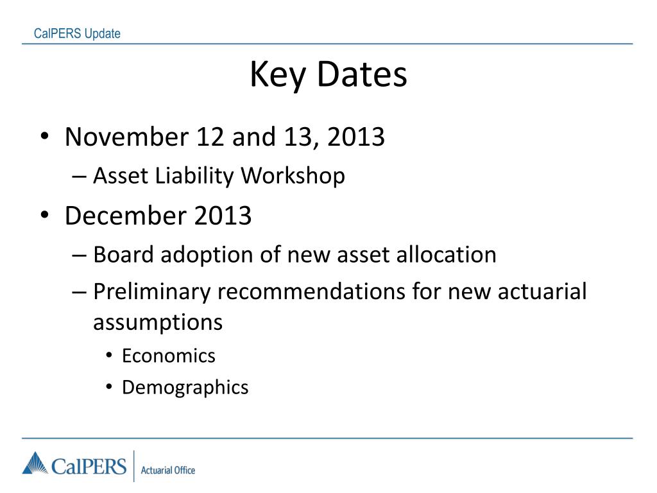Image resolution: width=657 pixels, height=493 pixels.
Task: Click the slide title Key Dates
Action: click(328, 75)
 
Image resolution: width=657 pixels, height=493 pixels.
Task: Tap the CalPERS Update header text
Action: click(77, 34)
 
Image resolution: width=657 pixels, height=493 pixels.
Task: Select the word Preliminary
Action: click(151, 292)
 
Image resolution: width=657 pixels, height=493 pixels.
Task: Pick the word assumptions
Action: click(158, 322)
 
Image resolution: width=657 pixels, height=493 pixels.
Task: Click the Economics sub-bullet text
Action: click(169, 356)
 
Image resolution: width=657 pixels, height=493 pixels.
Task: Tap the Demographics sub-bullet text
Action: click(185, 388)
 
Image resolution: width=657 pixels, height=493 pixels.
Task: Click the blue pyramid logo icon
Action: click(35, 463)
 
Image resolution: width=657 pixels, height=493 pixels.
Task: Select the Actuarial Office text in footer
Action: click(167, 471)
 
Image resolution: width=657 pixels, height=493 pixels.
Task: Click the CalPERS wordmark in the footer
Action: click(89, 465)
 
